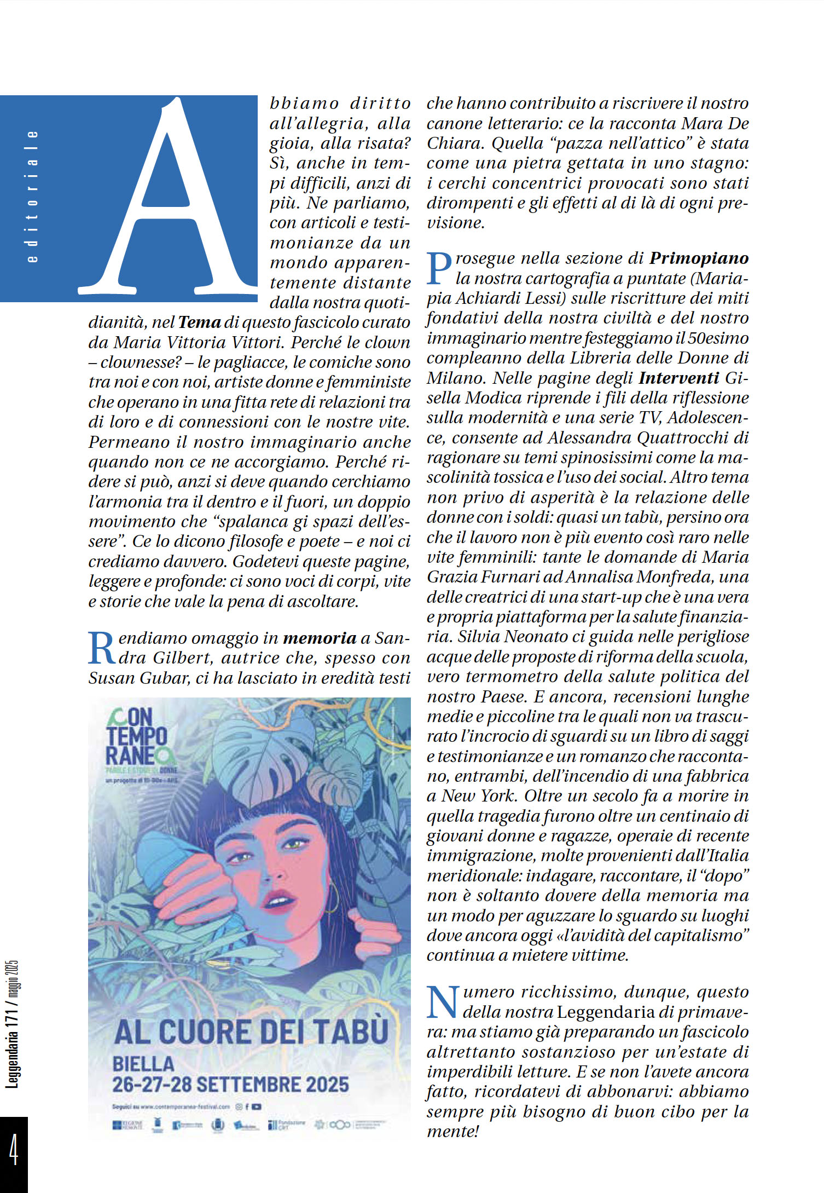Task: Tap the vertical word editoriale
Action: pyautogui.click(x=33, y=197)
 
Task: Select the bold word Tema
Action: pyautogui.click(x=199, y=322)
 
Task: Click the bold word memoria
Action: pyautogui.click(x=320, y=638)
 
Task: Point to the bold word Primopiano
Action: pyautogui.click(x=699, y=258)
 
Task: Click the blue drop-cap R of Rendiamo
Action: pyautogui.click(x=102, y=649)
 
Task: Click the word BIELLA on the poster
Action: pyautogui.click(x=143, y=1064)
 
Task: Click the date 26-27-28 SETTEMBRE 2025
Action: pyautogui.click(x=230, y=1085)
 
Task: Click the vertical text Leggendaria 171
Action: pyautogui.click(x=12, y=1046)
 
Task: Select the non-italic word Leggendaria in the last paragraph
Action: pyautogui.click(x=606, y=1013)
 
